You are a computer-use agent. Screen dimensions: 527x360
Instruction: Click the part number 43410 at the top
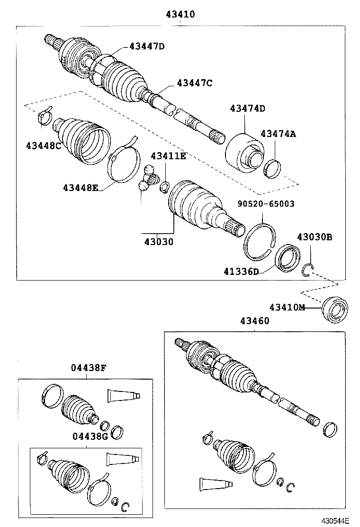180,15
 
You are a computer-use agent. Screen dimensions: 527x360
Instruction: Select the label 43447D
147,46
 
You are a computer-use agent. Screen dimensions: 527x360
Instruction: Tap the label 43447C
194,83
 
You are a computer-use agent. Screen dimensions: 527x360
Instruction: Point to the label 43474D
247,109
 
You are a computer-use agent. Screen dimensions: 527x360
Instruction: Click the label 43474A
278,134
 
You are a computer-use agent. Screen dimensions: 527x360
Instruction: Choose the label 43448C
44,145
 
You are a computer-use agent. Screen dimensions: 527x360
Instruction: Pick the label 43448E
81,188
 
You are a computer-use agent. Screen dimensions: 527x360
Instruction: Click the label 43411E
168,156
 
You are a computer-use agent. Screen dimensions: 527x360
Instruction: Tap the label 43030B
315,237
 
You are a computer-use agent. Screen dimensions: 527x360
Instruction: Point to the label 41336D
242,272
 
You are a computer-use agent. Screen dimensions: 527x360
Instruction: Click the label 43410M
288,307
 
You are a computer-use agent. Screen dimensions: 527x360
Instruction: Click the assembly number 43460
254,321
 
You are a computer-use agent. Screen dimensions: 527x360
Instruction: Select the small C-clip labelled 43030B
307,270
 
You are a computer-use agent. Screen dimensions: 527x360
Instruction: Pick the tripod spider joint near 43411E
148,179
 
